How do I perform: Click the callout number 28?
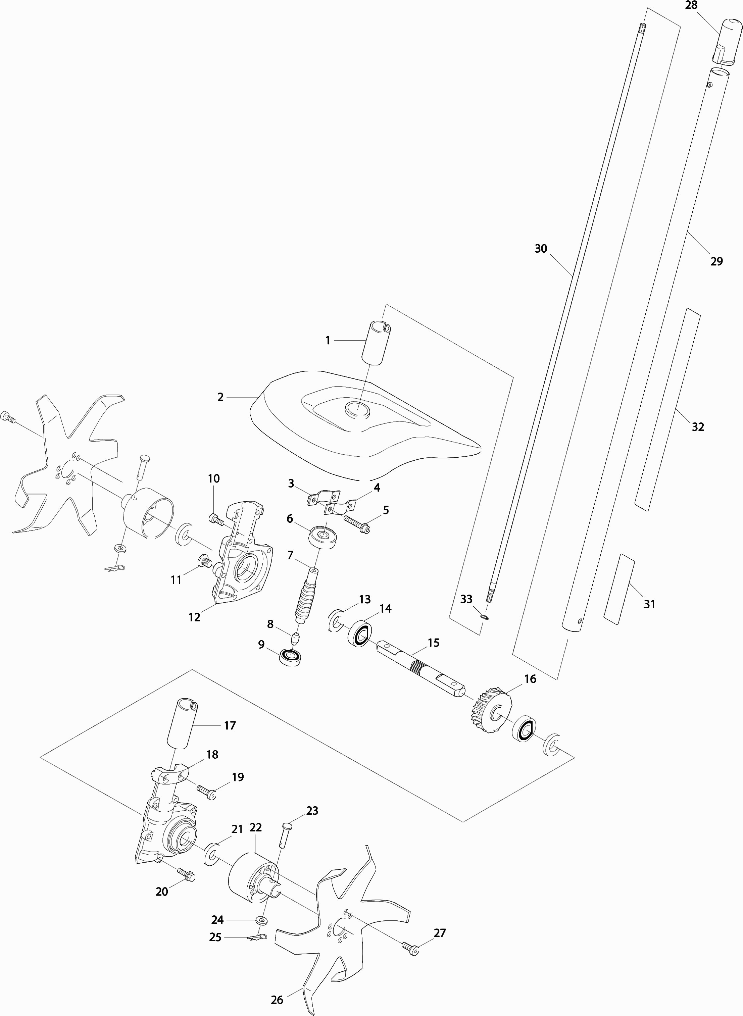pyautogui.click(x=691, y=5)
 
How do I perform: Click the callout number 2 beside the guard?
pyautogui.click(x=220, y=397)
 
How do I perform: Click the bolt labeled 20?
pyautogui.click(x=186, y=873)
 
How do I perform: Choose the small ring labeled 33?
pyautogui.click(x=484, y=617)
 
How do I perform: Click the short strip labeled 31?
pyautogui.click(x=618, y=589)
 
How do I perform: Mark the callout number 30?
pyautogui.click(x=541, y=248)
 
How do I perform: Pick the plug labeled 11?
pyautogui.click(x=205, y=561)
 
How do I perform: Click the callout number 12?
pyautogui.click(x=194, y=617)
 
